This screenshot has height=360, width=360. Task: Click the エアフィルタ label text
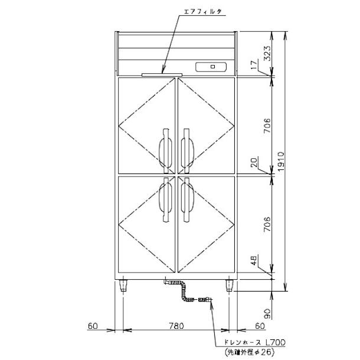pyautogui.click(x=203, y=11)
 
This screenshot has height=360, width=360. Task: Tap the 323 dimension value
pyautogui.click(x=267, y=54)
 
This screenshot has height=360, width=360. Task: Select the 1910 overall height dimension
pyautogui.click(x=281, y=161)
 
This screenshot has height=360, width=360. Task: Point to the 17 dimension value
pyautogui.click(x=254, y=65)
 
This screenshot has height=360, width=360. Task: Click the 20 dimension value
pyautogui.click(x=254, y=162)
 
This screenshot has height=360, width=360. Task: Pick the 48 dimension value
pyautogui.click(x=254, y=260)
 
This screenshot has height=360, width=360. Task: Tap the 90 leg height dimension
pyautogui.click(x=267, y=313)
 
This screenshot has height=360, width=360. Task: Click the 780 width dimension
pyautogui.click(x=176, y=326)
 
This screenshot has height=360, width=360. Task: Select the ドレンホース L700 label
pyautogui.click(x=254, y=342)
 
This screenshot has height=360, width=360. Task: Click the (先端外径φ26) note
pyautogui.click(x=250, y=352)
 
